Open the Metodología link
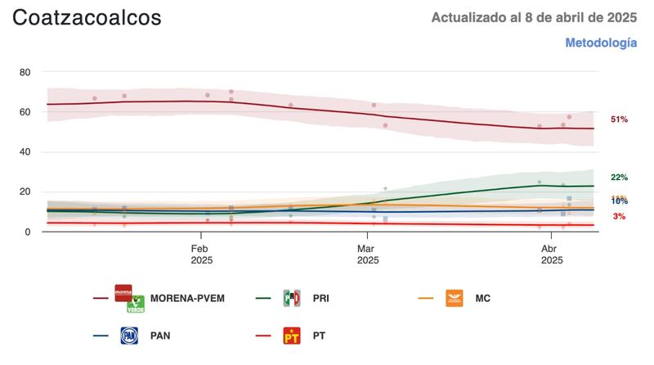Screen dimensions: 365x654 [601, 43]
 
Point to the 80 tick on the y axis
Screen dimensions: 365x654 [25, 72]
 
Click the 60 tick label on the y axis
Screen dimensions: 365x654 [25, 112]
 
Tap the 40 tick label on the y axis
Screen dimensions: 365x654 [25, 152]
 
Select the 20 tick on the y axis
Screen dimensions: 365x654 [25, 192]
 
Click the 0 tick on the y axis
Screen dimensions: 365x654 [28, 232]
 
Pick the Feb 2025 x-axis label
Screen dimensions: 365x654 [201, 254]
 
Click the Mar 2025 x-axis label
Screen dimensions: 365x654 [367, 254]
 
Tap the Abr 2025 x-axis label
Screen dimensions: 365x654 [551, 254]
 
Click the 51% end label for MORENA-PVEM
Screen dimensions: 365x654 [619, 119]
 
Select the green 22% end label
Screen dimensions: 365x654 [619, 178]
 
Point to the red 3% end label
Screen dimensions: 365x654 [619, 216]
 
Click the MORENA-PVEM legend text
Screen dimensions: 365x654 [187, 299]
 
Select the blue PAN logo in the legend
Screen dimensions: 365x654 [129, 336]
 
